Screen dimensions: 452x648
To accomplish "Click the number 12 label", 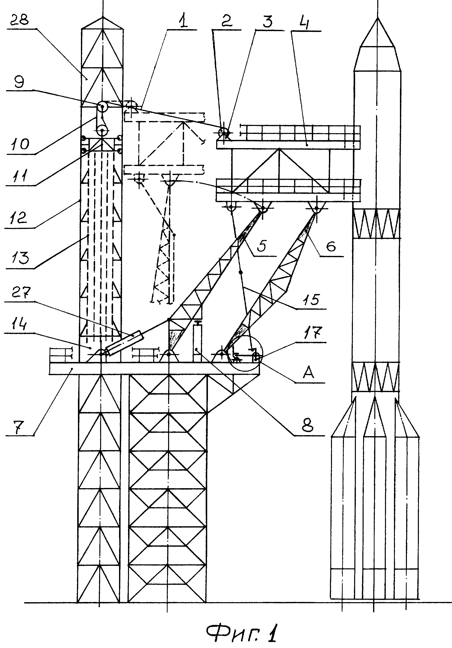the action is click(x=18, y=218).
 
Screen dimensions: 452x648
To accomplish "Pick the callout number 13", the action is click(x=20, y=258).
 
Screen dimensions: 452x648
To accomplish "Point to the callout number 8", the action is click(x=307, y=425).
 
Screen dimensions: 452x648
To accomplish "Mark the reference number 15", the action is click(x=312, y=299).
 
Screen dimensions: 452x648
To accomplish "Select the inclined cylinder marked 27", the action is click(x=124, y=343).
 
